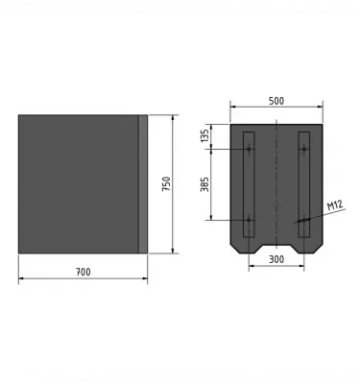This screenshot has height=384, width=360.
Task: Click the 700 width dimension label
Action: click(83, 272)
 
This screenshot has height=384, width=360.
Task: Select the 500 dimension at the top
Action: click(276, 101)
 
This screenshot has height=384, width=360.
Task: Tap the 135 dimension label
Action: click(204, 136)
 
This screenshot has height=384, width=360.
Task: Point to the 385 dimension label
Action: click(204, 184)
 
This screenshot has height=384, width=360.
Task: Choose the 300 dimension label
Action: click(276, 259)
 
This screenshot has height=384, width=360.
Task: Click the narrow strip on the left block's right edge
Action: click(144, 184)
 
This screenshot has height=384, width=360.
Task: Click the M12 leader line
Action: click(317, 214)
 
